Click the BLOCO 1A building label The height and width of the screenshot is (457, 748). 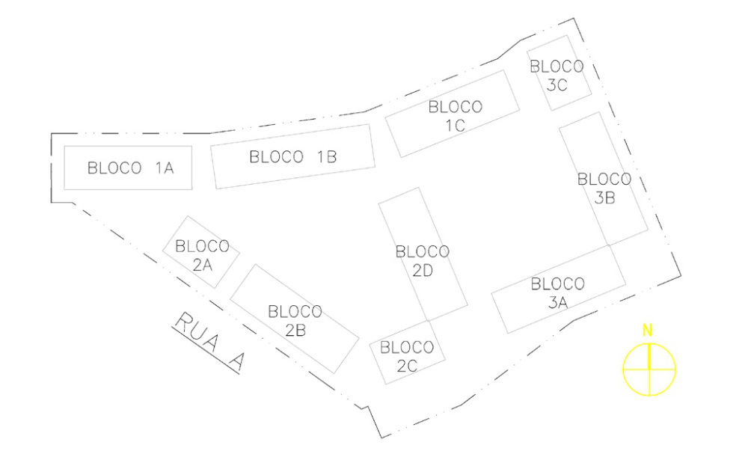click(131, 168)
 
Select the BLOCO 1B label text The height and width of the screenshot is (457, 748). click(293, 157)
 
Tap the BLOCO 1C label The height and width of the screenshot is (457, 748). click(456, 116)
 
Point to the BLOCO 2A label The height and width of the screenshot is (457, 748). click(201, 254)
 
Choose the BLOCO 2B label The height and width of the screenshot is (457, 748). click(295, 319)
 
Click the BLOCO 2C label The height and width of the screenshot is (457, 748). click(407, 356)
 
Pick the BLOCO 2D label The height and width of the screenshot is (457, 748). click(423, 261)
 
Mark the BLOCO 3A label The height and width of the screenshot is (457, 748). click(557, 292)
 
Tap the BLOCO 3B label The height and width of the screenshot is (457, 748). click(605, 188)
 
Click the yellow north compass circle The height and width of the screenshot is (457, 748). click(649, 368)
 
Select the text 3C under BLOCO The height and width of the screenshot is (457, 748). click(557, 85)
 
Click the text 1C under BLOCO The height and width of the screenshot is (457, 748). click(456, 126)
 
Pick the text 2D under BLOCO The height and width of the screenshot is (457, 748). click(423, 272)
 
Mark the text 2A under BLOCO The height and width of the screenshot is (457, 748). click(201, 263)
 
